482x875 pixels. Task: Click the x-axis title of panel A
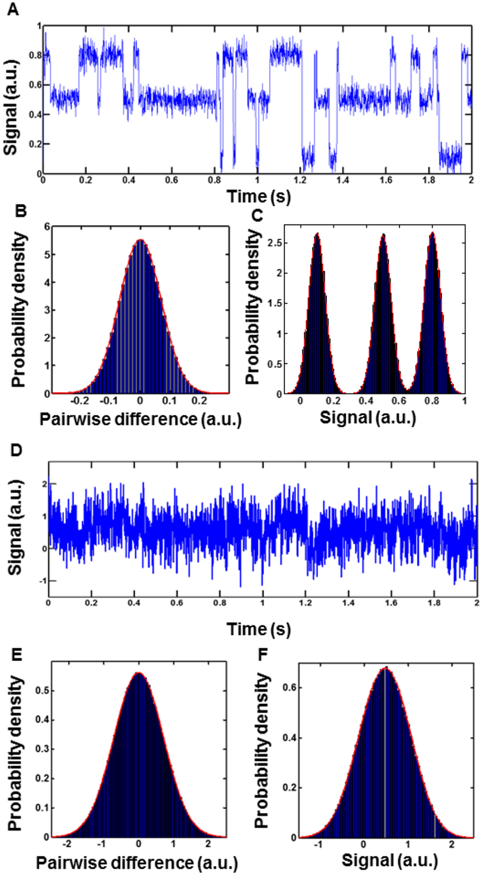tap(254, 197)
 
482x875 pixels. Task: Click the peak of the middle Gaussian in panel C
tap(383, 235)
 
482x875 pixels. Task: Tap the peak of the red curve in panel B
tap(140, 240)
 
